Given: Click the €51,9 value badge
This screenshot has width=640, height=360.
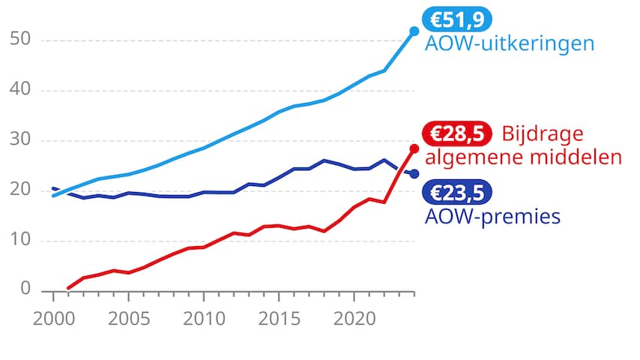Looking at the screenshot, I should [456, 19].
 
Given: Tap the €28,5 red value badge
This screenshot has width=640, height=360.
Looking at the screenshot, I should [456, 134].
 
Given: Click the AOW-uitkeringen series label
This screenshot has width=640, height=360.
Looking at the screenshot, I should [510, 43].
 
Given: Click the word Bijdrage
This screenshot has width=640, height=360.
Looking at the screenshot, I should [541, 134].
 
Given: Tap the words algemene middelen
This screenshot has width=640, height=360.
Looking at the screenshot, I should [523, 157].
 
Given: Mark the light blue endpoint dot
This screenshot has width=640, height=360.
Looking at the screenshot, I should [414, 31].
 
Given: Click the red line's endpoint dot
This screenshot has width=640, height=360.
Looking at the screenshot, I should [414, 148].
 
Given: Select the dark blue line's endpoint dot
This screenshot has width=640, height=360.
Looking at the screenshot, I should [414, 174].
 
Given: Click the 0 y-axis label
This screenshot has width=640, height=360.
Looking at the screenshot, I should [26, 290].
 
